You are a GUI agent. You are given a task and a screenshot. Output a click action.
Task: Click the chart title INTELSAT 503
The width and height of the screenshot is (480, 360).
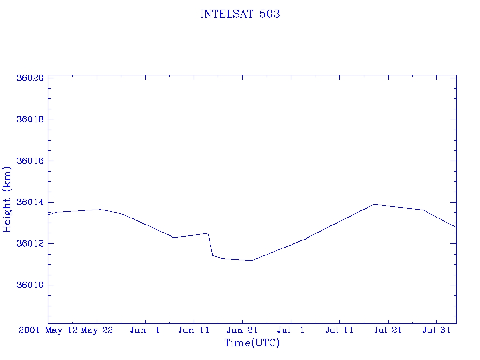click(240, 14)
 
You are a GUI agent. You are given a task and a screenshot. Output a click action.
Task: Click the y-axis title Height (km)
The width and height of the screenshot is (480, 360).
click(7, 199)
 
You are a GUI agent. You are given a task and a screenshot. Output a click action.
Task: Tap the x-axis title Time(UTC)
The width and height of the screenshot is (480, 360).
click(252, 343)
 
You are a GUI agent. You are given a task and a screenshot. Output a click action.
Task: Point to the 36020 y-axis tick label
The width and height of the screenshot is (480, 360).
click(30, 78)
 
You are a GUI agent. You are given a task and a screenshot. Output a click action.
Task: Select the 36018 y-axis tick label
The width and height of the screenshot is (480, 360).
click(30, 120)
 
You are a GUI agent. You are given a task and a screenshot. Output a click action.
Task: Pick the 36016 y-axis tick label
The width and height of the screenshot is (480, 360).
click(30, 161)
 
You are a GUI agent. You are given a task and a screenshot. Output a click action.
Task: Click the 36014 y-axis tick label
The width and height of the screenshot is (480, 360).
click(30, 202)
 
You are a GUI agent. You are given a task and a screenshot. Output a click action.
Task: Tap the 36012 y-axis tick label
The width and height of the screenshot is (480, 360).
click(30, 244)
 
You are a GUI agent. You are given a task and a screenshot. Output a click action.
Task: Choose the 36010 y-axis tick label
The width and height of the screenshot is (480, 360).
click(30, 285)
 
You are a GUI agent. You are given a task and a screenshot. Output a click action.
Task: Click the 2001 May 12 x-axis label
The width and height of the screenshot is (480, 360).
click(48, 330)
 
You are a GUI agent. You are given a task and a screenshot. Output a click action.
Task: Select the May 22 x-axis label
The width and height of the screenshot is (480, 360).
click(97, 330)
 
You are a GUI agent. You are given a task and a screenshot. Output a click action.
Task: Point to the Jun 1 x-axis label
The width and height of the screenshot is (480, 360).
click(145, 330)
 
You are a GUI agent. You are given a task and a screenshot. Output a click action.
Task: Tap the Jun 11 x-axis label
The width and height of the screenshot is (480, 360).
click(194, 330)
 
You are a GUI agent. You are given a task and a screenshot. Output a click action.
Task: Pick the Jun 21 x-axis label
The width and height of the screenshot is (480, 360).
click(242, 330)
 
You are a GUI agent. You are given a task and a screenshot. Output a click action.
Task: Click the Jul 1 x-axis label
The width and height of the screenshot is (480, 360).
click(291, 330)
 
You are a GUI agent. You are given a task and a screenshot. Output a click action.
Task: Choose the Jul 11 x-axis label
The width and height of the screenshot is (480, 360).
click(339, 330)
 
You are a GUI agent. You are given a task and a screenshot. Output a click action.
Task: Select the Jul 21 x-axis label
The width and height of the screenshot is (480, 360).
click(388, 330)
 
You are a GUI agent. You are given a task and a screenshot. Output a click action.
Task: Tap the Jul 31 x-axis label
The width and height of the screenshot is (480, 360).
click(436, 330)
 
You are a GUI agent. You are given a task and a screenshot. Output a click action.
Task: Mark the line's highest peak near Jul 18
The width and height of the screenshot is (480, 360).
click(374, 204)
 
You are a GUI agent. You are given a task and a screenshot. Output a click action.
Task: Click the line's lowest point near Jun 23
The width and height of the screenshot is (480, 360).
click(252, 260)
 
